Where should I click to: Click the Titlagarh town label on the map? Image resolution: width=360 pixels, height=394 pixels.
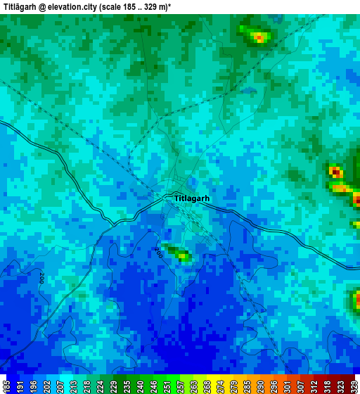pos(191,198)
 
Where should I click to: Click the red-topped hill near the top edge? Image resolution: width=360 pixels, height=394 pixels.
pos(258,36)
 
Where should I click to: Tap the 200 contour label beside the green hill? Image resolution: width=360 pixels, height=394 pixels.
pos(158,251)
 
